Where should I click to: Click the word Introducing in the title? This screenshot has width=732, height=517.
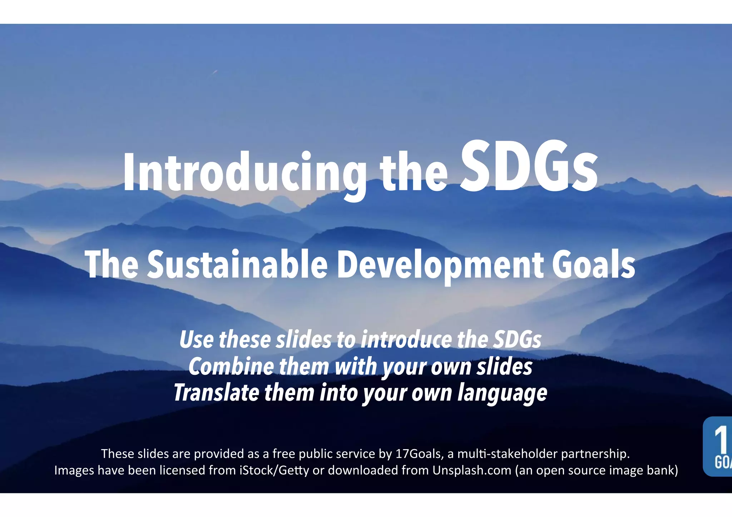[244, 173]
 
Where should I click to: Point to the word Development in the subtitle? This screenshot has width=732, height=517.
[440, 265]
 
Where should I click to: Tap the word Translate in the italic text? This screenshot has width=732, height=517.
[216, 393]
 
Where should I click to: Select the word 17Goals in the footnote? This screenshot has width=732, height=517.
[418, 454]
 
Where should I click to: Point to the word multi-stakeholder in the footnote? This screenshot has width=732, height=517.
[507, 454]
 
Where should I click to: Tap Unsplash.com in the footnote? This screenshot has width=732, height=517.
[472, 471]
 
